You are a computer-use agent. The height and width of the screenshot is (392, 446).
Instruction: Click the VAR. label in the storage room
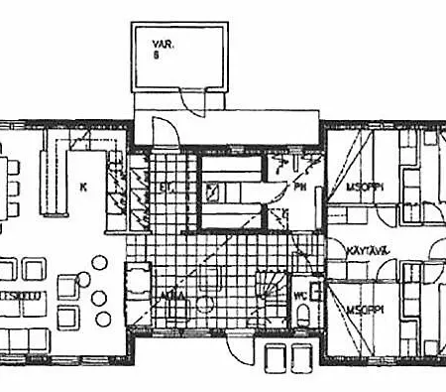click(x=163, y=45)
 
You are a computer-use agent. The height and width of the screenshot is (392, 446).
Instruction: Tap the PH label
click(x=298, y=185)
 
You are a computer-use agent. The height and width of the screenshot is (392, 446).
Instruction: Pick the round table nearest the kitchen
click(x=99, y=263)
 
